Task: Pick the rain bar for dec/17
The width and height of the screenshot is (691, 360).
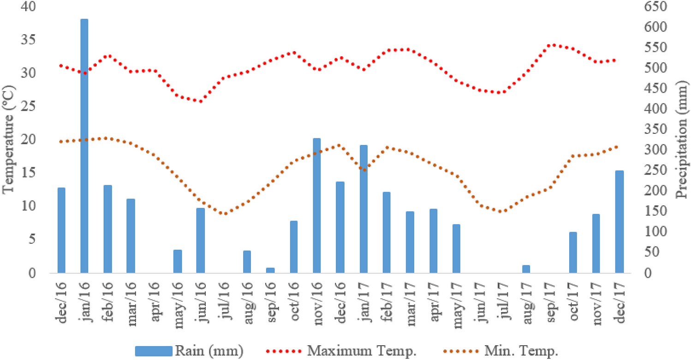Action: click(x=619, y=222)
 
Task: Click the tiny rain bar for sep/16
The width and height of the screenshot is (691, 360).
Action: click(x=270, y=270)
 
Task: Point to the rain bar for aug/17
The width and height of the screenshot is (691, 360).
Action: click(x=526, y=269)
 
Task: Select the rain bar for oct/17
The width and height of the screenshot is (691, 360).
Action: click(x=572, y=252)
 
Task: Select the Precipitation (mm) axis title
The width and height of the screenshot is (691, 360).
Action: click(x=681, y=138)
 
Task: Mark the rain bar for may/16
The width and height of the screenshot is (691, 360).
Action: click(x=178, y=261)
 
